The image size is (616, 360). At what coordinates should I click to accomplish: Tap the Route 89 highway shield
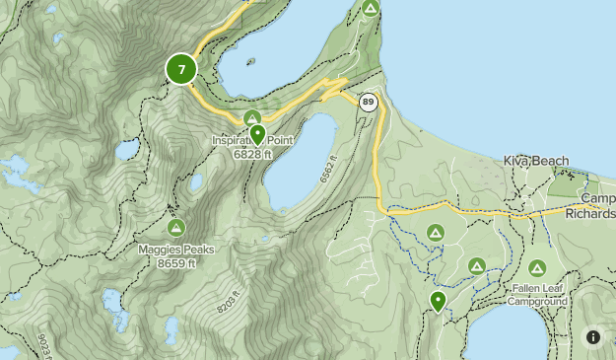[x=369, y=102]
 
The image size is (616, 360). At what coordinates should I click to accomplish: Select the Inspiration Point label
[x=253, y=141]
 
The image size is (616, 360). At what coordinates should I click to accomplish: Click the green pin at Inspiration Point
[x=257, y=133]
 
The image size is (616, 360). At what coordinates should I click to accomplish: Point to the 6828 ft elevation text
[x=253, y=154]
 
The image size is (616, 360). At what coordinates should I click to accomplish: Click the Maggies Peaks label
[x=175, y=250]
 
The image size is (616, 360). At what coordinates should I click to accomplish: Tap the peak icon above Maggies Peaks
[x=175, y=228]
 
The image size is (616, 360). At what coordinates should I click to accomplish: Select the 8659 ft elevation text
[x=175, y=262]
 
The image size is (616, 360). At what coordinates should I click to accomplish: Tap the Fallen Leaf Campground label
[x=537, y=294]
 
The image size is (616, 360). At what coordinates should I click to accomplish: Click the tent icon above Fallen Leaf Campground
[x=537, y=267]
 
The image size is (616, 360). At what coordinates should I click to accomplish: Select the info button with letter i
[x=593, y=337]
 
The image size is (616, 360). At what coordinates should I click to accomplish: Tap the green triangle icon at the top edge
[x=370, y=9]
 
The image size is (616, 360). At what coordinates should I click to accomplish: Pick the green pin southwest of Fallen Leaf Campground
[x=438, y=301]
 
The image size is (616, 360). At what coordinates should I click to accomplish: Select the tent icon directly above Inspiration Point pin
[x=252, y=118]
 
